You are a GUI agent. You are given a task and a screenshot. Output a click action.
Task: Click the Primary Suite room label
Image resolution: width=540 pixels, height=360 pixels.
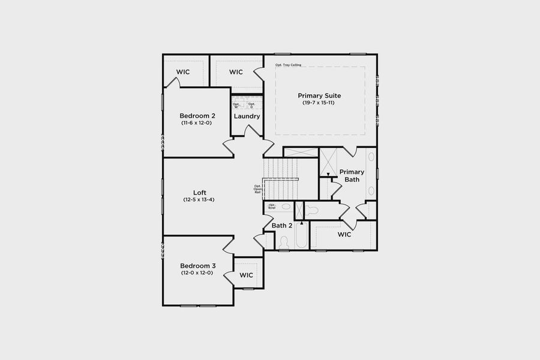319,95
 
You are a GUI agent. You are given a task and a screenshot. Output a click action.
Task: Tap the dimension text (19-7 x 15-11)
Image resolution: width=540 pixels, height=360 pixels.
319,103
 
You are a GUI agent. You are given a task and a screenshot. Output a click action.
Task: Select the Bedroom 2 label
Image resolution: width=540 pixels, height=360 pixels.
197,116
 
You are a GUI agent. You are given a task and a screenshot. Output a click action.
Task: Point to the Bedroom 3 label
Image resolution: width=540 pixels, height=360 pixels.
197,266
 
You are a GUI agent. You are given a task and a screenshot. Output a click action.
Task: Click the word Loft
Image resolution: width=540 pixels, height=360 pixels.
200,193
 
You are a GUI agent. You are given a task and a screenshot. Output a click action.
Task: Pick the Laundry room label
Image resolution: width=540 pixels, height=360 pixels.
247,116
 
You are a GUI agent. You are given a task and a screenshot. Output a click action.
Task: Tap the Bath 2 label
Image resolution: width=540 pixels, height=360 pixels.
282,226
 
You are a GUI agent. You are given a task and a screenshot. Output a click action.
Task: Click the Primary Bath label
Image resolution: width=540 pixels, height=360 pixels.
352,176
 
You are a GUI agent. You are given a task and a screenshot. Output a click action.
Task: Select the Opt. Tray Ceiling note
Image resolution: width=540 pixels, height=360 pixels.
289,65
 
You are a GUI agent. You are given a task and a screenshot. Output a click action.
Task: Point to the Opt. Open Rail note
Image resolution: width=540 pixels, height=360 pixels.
258,189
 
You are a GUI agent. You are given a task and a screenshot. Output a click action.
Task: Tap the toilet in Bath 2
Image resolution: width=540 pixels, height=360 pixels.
284,241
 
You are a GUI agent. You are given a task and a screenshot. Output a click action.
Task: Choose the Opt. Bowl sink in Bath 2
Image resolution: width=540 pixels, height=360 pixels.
286,206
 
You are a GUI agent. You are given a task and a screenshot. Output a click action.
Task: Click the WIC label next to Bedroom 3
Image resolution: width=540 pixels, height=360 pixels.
247,275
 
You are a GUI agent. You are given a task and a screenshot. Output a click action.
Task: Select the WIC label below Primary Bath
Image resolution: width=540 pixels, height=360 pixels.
344,234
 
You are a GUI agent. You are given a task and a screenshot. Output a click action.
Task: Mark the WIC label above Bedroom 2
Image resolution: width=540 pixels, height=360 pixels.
183,72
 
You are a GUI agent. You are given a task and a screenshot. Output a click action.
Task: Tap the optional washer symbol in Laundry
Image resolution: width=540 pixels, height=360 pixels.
237,105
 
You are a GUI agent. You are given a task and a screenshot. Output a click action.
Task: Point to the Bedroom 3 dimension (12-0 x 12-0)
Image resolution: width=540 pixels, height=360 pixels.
197,273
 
